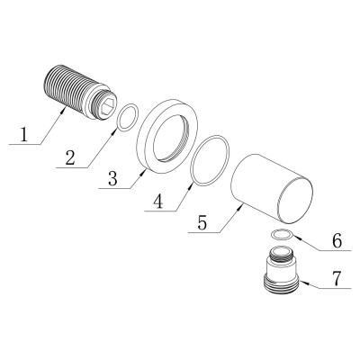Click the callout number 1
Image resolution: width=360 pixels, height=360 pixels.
[25, 136]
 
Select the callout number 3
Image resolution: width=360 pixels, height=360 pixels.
[113, 179]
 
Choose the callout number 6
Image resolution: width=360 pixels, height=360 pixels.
[336, 241]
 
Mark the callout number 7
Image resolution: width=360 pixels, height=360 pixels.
[336, 278]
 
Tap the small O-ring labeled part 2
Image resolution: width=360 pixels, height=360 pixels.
[129, 115]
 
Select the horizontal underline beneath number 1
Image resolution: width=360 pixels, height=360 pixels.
[24, 145]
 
